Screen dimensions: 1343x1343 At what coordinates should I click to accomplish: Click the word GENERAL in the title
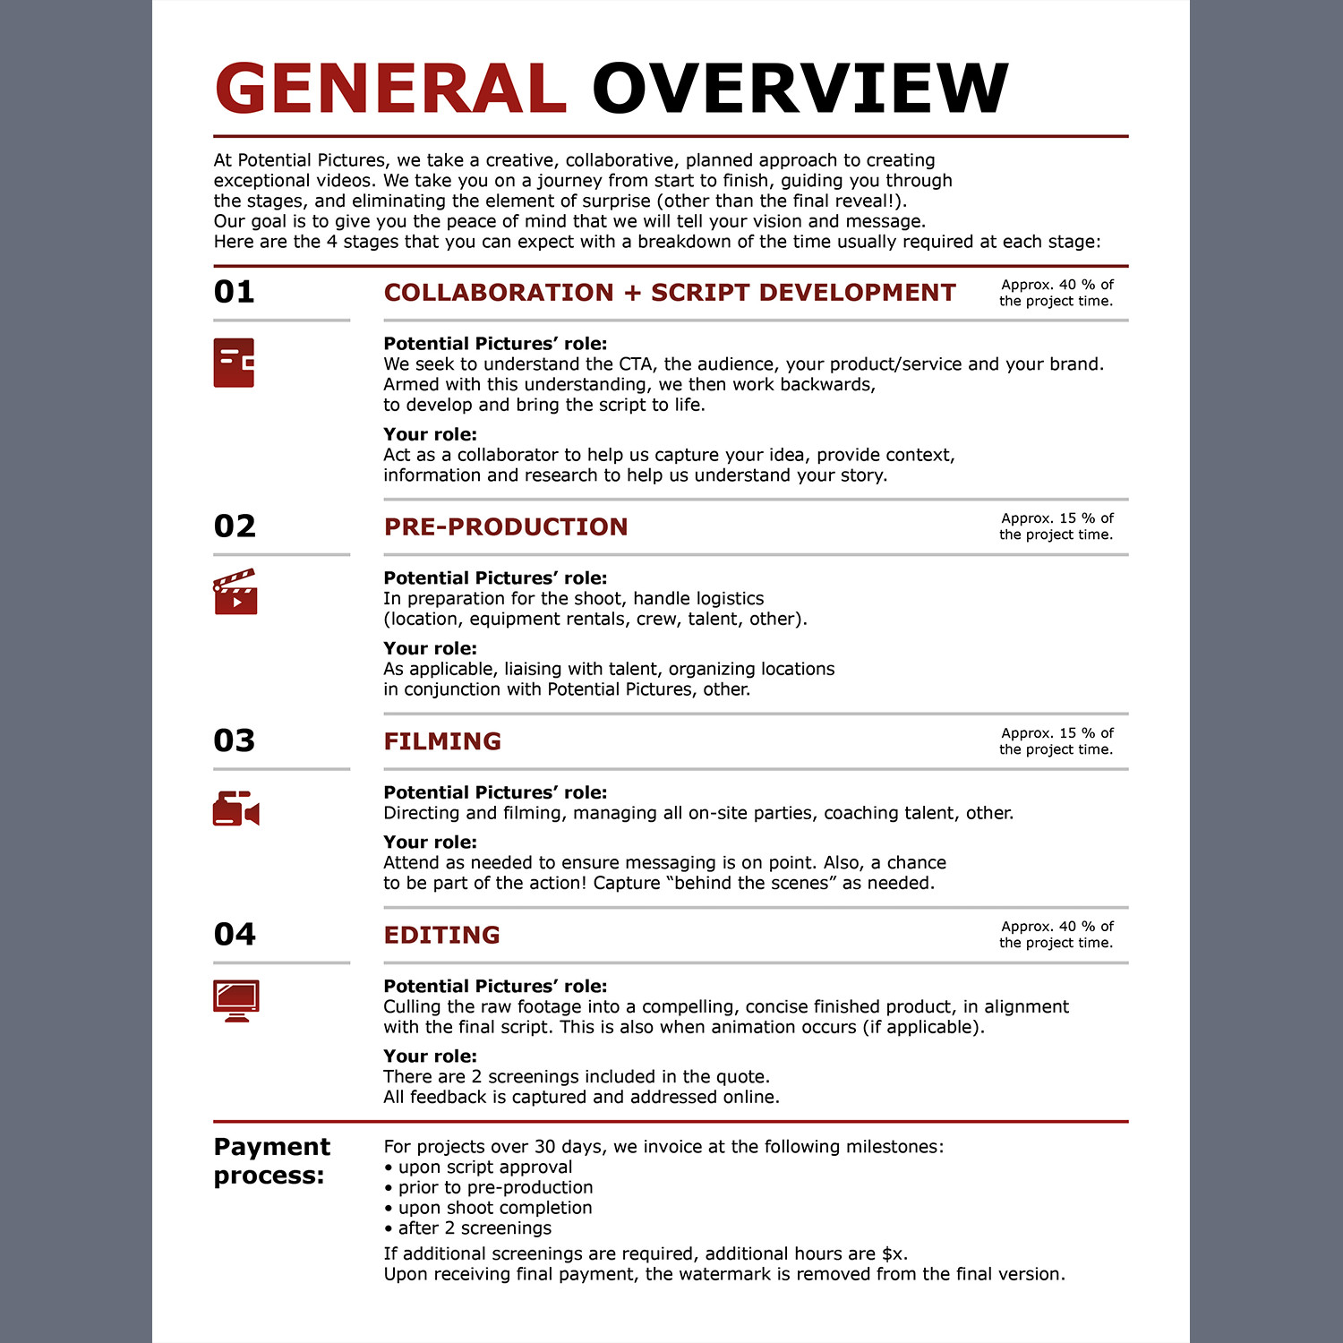tap(390, 89)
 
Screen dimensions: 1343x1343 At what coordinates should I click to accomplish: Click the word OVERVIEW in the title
tap(800, 89)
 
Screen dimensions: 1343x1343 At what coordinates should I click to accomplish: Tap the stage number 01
tap(235, 292)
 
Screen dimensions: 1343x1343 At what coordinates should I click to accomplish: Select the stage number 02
tap(235, 526)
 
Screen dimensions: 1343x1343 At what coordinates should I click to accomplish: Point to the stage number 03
tap(235, 740)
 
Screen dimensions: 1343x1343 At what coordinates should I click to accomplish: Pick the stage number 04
tap(235, 934)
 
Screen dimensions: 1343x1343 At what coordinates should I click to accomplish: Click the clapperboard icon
tap(235, 592)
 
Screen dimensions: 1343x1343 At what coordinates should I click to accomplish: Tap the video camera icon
tap(235, 808)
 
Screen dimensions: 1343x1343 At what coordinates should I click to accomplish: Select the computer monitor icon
tap(236, 1000)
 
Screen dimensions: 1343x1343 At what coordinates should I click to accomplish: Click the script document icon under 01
tap(234, 363)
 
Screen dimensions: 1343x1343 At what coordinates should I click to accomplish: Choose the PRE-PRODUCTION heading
tap(506, 526)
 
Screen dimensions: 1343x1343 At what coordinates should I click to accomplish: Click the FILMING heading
tap(442, 741)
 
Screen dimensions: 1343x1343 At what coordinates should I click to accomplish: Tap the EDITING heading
tap(441, 935)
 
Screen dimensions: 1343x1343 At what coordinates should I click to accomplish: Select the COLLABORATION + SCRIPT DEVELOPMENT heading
tap(670, 293)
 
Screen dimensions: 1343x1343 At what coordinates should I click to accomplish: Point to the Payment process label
tap(271, 1160)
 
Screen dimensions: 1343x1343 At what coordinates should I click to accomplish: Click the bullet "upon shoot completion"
tap(494, 1208)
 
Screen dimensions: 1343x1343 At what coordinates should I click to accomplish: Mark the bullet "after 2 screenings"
tap(474, 1228)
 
